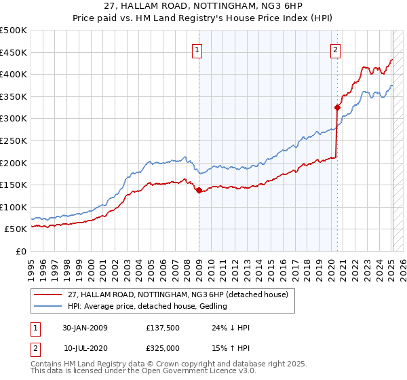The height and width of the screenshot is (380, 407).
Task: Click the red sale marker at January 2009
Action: point(199,191)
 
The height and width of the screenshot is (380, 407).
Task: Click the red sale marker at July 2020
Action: point(336,107)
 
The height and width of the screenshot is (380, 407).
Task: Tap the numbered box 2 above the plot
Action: point(335,50)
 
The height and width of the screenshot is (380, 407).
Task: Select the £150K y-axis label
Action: point(14,185)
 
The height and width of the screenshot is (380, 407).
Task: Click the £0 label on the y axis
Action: point(21,251)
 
